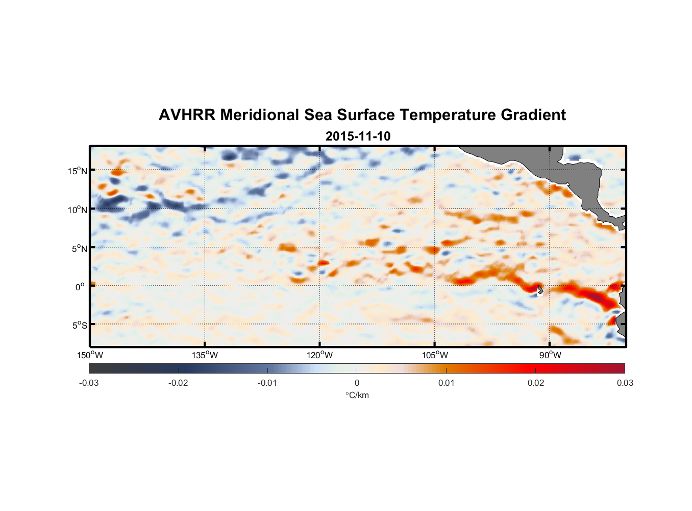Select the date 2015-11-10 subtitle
click(358, 136)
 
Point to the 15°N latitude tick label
click(77, 171)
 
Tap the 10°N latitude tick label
click(77, 210)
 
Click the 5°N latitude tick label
click(79, 248)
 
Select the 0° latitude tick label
click(80, 287)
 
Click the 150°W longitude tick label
click(90, 355)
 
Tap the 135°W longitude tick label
click(205, 355)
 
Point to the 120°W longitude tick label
click(319, 355)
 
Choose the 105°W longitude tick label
click(435, 355)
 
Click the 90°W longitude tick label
click(550, 355)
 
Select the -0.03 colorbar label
click(89, 383)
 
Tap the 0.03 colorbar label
click(625, 383)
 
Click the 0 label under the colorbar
click(357, 383)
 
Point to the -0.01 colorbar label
click(267, 383)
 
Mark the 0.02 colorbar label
click(535, 383)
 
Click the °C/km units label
click(357, 395)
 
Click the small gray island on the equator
click(540, 289)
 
